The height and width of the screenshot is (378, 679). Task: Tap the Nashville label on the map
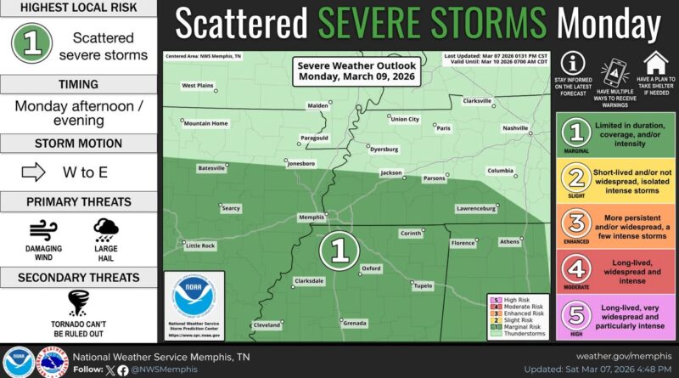(x=514, y=128)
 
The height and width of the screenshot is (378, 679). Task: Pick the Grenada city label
(x=355, y=324)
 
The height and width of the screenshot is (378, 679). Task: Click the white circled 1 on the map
(x=339, y=249)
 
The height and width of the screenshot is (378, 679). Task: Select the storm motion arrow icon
(x=32, y=172)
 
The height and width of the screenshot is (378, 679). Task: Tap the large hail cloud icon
(x=106, y=229)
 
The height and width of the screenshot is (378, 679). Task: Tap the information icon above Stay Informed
(x=573, y=64)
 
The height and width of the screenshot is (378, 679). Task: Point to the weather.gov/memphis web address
(x=623, y=355)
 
